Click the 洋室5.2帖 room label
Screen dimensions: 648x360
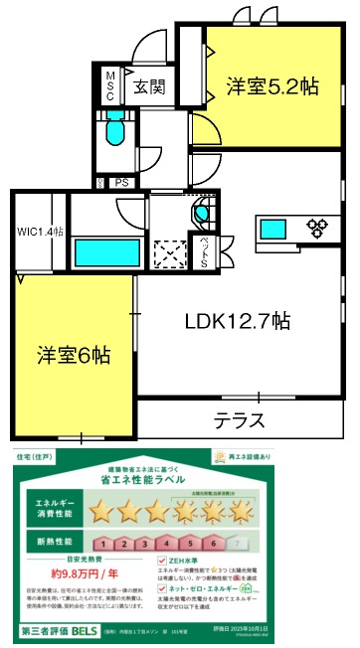[270, 85]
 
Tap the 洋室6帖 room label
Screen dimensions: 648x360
[75, 355]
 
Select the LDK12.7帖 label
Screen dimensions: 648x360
[238, 321]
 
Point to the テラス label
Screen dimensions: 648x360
[239, 420]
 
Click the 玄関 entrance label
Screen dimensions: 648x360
[150, 86]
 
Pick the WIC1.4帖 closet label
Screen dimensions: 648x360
[40, 232]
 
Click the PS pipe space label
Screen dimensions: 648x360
[123, 182]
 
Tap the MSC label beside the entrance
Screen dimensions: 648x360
[110, 86]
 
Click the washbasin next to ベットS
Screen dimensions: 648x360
[202, 213]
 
